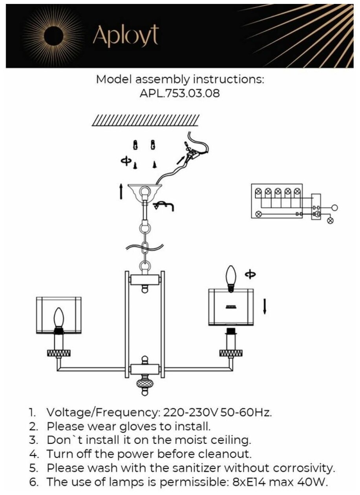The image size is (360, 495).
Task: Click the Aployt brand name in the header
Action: click(126, 37)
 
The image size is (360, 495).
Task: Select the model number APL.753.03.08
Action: click(180, 93)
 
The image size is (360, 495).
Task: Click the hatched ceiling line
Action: click(146, 120)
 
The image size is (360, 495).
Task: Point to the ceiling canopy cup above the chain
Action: click(145, 192)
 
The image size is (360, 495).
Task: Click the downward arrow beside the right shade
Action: click(265, 306)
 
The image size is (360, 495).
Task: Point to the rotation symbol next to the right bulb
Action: click(250, 274)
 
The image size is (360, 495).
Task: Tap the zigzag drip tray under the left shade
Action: click(58, 353)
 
